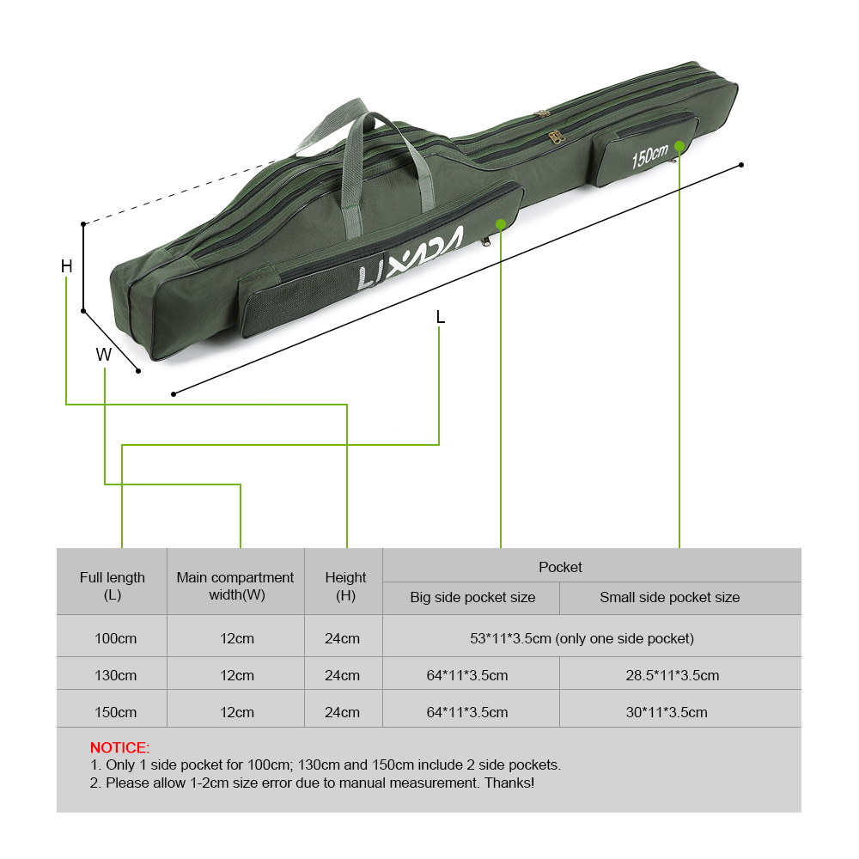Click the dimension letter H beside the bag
66,266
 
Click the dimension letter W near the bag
103,355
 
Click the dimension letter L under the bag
440,317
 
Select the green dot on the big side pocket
501,223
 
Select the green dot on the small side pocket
679,145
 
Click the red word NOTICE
119,747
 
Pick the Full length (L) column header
112,586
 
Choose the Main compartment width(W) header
235,586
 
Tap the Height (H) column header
345,586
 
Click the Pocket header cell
560,567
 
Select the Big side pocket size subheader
472,597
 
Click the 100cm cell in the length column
115,638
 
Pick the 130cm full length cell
115,675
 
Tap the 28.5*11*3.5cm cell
672,675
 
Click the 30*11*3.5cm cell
667,712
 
